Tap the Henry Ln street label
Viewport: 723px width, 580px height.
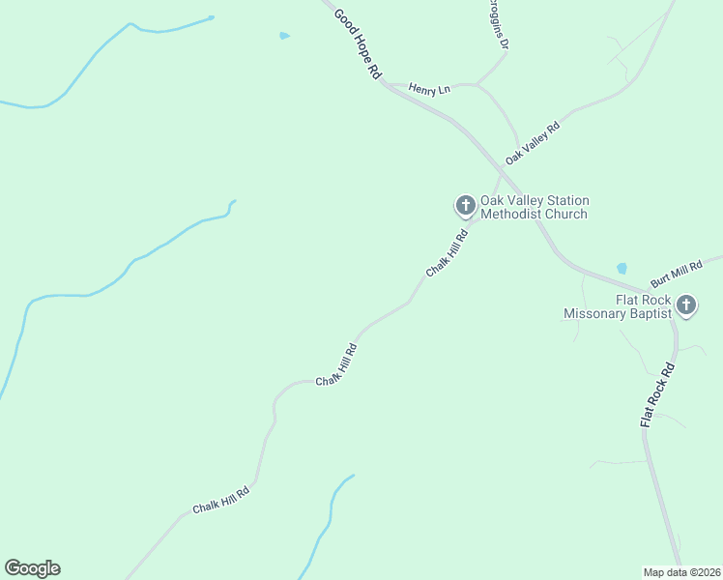tap(429, 90)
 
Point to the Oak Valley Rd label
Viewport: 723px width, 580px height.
tap(533, 143)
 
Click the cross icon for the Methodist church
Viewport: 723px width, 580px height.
tap(465, 205)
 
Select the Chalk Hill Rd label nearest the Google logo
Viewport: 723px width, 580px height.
tap(220, 501)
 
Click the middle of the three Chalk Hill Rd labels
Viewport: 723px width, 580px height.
tap(337, 362)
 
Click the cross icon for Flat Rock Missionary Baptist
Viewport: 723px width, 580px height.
tap(686, 305)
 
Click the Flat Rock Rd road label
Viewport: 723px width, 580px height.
tap(657, 396)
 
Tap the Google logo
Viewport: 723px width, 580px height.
tap(32, 568)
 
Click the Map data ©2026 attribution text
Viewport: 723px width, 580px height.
tap(681, 572)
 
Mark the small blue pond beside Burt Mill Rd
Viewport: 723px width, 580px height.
tap(621, 268)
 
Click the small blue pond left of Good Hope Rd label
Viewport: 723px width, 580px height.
tap(284, 36)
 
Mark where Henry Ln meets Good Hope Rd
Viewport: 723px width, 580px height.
tap(386, 84)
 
